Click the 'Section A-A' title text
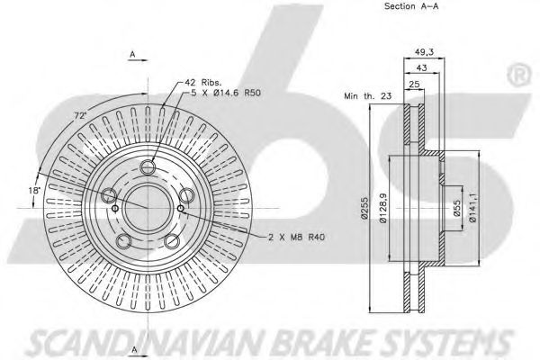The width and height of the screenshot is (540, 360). coord(411,7)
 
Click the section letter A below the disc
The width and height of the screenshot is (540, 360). coord(132,347)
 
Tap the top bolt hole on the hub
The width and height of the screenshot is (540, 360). coord(148,166)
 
